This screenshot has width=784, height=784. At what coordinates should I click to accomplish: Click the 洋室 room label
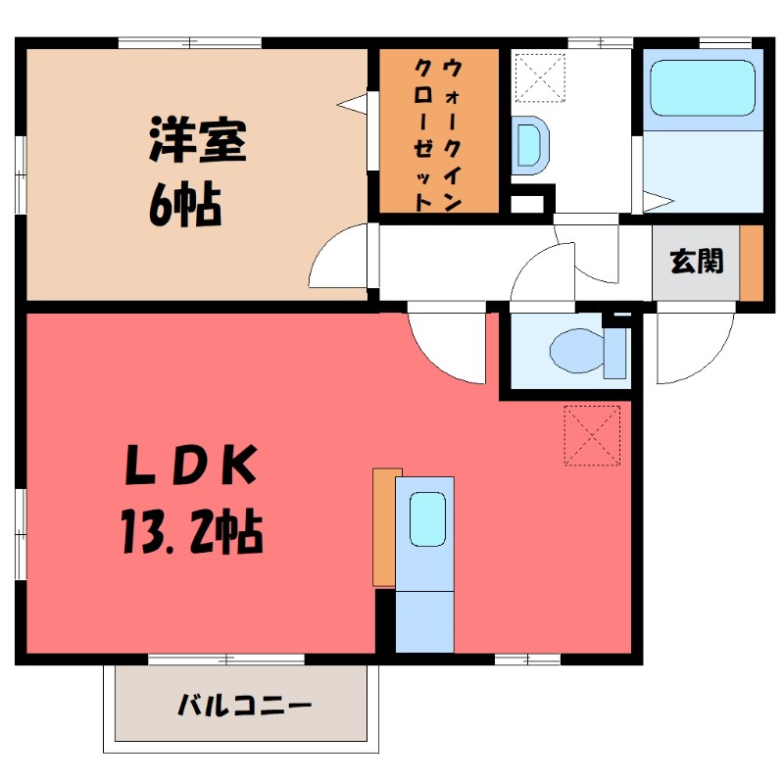(198, 140)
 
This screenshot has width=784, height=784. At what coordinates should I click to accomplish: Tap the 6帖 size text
(185, 205)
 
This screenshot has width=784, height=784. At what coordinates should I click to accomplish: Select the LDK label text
(190, 464)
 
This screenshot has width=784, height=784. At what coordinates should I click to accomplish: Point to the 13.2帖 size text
(191, 531)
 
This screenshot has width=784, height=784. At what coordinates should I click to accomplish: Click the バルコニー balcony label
(244, 705)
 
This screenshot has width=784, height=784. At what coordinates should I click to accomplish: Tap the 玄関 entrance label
(697, 261)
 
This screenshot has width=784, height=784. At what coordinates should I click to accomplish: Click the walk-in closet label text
(438, 134)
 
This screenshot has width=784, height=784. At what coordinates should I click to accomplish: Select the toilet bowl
(577, 351)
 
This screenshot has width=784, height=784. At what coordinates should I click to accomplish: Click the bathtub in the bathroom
(702, 88)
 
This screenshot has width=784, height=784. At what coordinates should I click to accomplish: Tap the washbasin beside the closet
(529, 145)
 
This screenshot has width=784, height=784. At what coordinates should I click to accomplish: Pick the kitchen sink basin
(427, 519)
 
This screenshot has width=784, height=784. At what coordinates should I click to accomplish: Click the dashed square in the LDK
(592, 435)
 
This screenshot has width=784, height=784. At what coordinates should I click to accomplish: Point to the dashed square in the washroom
(540, 78)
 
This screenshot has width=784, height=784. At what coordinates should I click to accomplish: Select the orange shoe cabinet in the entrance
(752, 264)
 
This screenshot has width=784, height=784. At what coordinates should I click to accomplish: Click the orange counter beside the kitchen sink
(384, 527)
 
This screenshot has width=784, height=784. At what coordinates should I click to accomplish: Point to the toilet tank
(615, 354)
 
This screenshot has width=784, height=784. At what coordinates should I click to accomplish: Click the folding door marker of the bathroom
(659, 202)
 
